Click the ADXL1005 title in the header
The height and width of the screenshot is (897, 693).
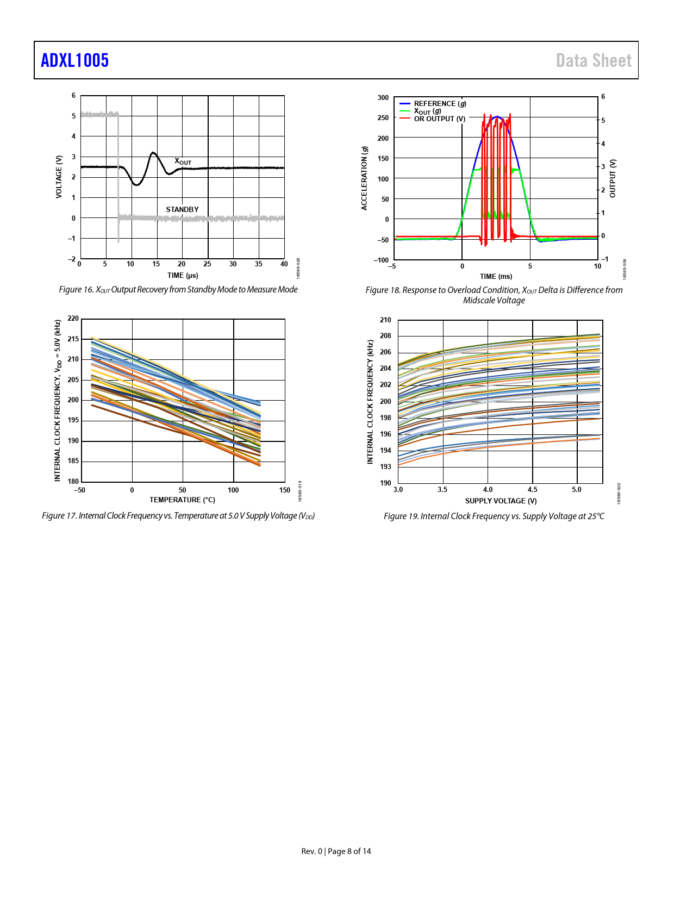tap(75, 60)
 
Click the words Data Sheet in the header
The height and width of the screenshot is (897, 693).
tap(594, 60)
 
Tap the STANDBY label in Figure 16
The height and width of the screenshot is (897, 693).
tap(182, 209)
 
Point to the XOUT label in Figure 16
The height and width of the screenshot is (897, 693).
tap(183, 161)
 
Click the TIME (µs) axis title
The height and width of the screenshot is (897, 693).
tap(183, 275)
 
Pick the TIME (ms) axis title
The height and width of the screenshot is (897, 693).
tap(496, 276)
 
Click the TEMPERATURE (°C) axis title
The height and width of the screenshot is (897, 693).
tap(182, 500)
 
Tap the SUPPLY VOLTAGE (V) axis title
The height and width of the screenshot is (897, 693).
tap(501, 501)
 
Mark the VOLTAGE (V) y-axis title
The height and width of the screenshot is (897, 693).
tap(59, 177)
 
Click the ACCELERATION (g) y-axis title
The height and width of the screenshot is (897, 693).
tap(365, 178)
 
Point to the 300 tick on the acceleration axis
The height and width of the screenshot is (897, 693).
tap(383, 98)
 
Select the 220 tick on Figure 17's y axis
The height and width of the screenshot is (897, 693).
tap(73, 319)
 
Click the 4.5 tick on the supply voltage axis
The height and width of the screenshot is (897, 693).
tap(533, 490)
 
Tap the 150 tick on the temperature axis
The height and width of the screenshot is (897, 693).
tap(284, 490)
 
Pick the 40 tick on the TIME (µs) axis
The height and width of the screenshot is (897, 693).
tap(284, 264)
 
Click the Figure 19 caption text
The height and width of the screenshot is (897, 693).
tap(494, 516)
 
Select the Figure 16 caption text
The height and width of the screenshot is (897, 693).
tap(178, 289)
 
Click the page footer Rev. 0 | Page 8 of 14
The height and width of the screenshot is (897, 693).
tap(336, 851)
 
